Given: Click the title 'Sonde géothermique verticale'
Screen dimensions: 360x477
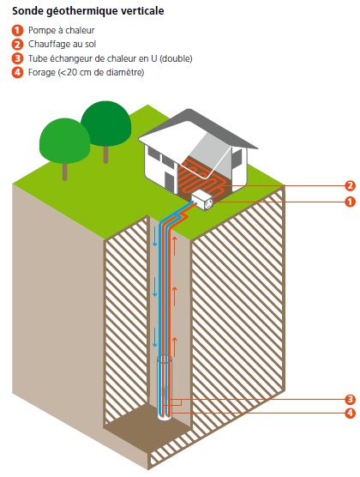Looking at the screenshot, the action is tap(88, 11).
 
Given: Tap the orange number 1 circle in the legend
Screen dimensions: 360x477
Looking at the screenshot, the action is tap(17, 30).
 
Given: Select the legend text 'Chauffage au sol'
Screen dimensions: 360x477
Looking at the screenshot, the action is tap(62, 45).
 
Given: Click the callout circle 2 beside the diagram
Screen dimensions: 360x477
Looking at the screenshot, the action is tap(350, 185).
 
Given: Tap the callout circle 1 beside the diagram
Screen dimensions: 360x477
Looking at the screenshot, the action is tap(350, 202).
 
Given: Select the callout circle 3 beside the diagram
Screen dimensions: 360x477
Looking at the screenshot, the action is tap(350, 399).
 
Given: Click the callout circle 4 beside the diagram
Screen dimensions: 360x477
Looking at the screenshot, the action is tap(350, 413).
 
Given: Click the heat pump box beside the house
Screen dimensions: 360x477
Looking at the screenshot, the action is tap(202, 200).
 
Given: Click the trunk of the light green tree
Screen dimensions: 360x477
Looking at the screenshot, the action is tap(64, 172).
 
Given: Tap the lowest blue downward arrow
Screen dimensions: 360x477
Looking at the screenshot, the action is tap(155, 337).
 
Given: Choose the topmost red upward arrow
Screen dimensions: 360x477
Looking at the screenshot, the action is tap(174, 245).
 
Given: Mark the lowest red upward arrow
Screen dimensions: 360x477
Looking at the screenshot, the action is tap(174, 347).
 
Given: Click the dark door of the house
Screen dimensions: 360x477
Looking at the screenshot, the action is tap(167, 182).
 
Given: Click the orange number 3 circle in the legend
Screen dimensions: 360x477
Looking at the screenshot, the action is tap(17, 58).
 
